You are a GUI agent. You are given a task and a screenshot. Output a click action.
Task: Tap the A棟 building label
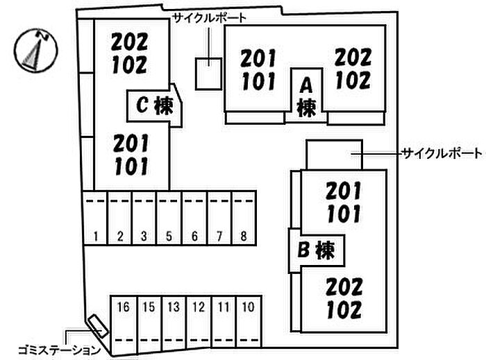coord(305,96)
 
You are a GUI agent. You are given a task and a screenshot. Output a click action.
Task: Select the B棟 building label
coord(317,248)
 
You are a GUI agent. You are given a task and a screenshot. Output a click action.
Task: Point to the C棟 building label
coord(154,105)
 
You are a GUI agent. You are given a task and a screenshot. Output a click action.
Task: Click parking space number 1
coord(94,237)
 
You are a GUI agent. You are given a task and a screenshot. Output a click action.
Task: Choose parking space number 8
coord(243,237)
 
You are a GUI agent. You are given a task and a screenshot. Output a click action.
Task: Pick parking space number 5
coord(169,237)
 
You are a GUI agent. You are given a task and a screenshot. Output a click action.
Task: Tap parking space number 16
coord(124,306)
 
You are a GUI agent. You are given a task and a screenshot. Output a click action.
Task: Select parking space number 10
coord(248,306)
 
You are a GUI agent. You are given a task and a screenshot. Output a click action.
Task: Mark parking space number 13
coord(174,306)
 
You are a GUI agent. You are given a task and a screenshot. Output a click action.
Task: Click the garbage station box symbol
coord(97,327)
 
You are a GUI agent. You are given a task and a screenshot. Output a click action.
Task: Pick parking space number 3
coord(144,237)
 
